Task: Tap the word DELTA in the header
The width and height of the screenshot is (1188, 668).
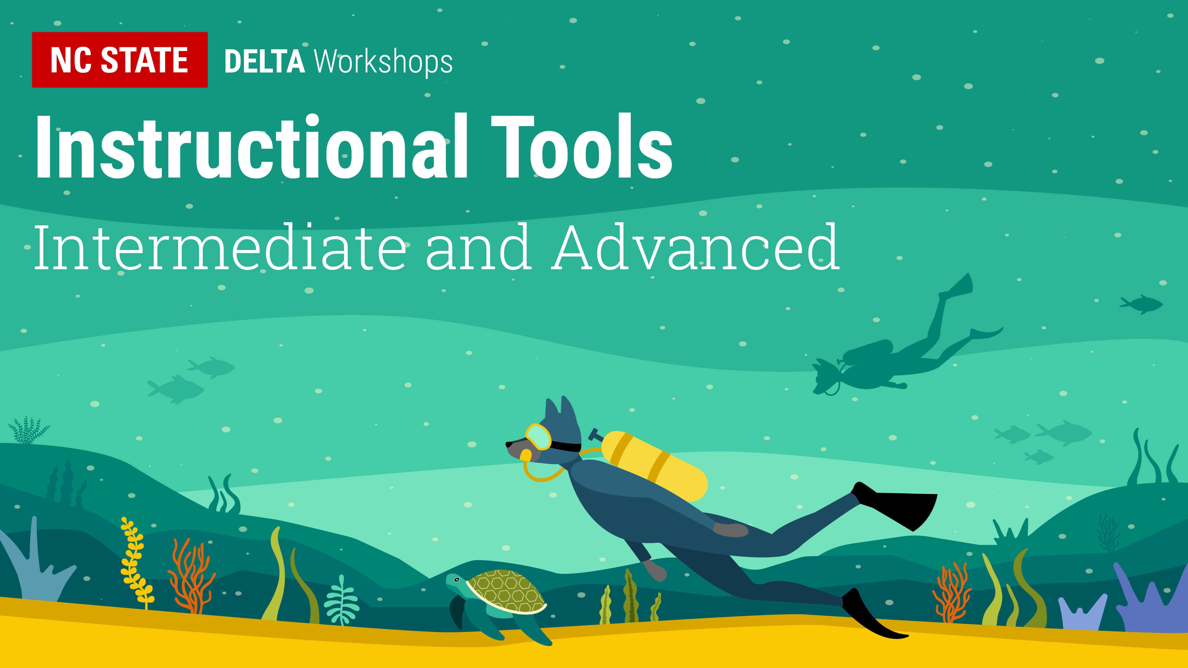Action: (264, 62)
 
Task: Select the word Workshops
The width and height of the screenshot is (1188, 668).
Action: (383, 61)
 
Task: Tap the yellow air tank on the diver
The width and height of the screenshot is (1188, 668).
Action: (654, 466)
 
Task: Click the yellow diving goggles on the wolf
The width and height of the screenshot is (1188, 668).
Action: (538, 436)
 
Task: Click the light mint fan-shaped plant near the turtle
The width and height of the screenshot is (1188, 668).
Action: (341, 600)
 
